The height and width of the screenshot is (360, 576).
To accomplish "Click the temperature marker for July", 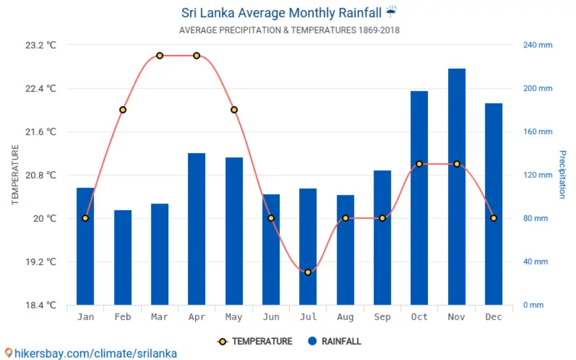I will click(x=308, y=272).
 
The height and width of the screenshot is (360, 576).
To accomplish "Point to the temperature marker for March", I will click(x=160, y=55).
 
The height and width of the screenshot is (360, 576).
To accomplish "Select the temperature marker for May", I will click(x=234, y=110).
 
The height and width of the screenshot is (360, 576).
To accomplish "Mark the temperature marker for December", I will click(x=493, y=218).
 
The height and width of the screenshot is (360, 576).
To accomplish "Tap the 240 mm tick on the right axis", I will click(x=538, y=45).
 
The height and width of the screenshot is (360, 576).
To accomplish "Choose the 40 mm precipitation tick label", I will click(x=536, y=262).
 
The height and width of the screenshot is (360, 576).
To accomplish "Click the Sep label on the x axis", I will click(x=382, y=317).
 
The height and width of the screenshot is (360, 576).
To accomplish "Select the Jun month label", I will click(x=271, y=317).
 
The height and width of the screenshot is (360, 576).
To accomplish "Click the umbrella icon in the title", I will click(x=392, y=12).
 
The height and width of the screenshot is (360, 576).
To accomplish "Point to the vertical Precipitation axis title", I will click(x=562, y=175).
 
